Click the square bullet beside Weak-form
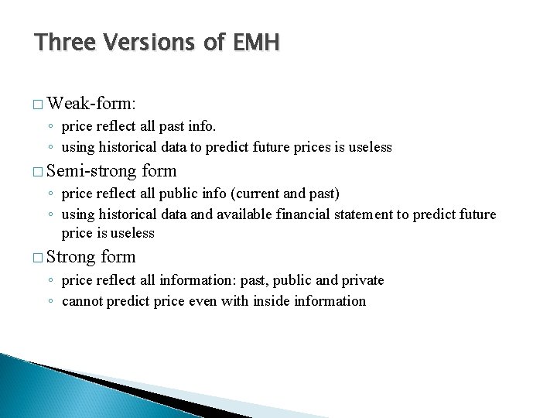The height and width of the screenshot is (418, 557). pyautogui.click(x=39, y=104)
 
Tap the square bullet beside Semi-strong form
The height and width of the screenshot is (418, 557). pyautogui.click(x=39, y=171)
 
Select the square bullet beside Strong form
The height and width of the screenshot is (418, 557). pyautogui.click(x=39, y=257)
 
